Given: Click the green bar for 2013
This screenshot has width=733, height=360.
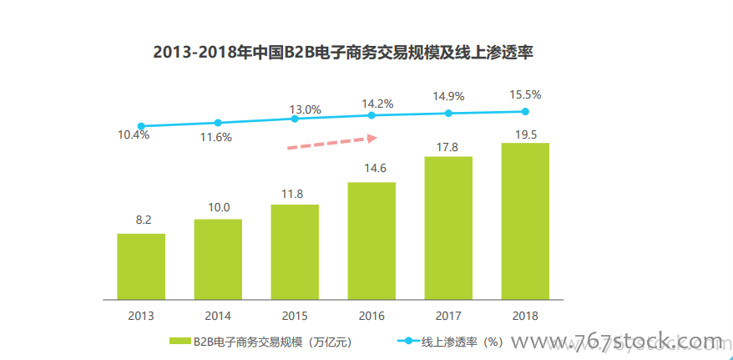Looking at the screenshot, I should [x=141, y=266].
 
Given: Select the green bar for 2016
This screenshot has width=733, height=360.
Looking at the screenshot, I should [x=372, y=241].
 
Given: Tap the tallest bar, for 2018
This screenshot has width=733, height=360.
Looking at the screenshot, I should [x=525, y=221].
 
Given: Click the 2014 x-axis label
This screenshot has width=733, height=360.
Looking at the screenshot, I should [x=218, y=316].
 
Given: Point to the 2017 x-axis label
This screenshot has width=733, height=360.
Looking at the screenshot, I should [x=448, y=316].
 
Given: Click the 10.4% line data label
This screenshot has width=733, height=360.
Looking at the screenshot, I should [x=134, y=134].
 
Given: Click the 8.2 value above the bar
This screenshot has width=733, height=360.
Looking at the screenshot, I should [x=142, y=221].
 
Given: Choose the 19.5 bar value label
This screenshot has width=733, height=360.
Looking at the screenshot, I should [x=526, y=134].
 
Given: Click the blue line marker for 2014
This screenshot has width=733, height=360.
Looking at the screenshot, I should [x=218, y=123].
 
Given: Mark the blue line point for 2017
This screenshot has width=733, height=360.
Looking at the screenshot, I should [x=448, y=113].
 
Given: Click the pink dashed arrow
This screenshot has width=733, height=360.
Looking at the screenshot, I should [x=332, y=142].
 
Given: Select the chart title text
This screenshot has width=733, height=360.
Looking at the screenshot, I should [x=343, y=52].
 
